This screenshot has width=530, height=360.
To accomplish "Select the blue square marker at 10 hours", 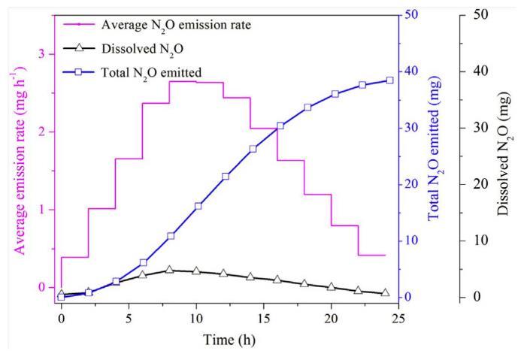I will point(198,206).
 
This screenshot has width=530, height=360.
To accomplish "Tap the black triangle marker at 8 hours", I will point(169,269).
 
